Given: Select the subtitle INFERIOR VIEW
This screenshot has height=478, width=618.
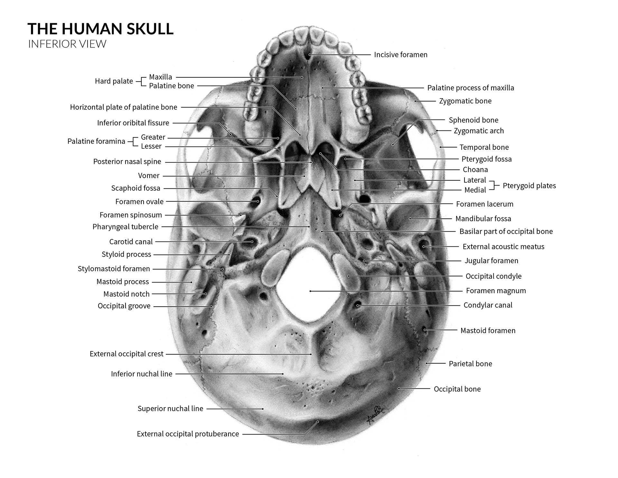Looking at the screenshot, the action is click(x=67, y=44).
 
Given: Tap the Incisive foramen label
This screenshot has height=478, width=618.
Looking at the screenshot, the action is click(x=400, y=55).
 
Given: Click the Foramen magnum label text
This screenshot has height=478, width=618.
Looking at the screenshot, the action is click(x=496, y=291).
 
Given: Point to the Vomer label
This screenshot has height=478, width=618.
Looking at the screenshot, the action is click(x=149, y=176).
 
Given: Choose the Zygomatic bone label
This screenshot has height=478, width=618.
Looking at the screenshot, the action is click(x=465, y=101).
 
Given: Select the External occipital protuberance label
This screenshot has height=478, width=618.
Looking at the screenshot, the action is click(x=188, y=434).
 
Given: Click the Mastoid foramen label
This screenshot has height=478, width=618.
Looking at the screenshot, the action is click(x=488, y=330).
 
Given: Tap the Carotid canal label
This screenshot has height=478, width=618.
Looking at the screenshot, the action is click(x=131, y=242).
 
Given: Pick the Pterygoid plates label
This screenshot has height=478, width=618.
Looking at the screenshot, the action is click(x=529, y=186).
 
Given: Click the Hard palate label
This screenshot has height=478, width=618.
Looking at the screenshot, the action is click(x=114, y=81).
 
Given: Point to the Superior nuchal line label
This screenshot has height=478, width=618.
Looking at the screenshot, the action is click(x=170, y=409).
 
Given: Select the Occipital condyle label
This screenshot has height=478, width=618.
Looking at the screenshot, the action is click(x=493, y=276).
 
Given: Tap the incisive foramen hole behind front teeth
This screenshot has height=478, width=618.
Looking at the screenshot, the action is click(x=310, y=55).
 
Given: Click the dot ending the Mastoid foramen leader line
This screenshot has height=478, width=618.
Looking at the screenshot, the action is click(x=425, y=330).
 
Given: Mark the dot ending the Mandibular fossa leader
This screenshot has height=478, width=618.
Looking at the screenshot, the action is click(x=410, y=219).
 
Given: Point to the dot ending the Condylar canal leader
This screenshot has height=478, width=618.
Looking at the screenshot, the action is click(x=358, y=305).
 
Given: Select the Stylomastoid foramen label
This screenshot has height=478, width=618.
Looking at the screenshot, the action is click(x=114, y=269).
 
